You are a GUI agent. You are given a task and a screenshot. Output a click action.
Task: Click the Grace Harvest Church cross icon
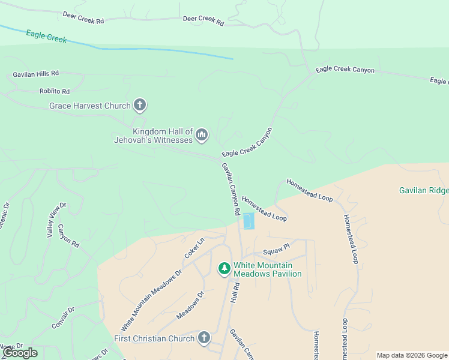coord(140,106)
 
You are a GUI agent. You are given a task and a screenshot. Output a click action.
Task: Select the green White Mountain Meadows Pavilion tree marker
coord(224,269)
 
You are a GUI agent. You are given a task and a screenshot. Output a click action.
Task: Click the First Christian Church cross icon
coord(203,338)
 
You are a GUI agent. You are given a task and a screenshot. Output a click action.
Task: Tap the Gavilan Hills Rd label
coord(36,74)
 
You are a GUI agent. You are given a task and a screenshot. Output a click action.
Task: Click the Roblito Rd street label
coord(55,92)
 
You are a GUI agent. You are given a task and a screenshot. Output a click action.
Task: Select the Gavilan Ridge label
coord(424,191)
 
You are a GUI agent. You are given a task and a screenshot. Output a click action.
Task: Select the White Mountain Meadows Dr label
coord(151,301)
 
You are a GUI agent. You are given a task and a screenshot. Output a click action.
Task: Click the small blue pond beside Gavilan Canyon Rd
coord(249,221)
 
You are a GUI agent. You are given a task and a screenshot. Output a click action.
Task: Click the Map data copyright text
coord(412,355)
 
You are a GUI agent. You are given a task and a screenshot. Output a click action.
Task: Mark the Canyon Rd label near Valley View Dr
coord(69,236)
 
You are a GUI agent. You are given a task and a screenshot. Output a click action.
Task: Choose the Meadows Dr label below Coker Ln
coord(191,305)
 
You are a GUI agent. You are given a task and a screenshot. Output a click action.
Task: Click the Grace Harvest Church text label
coord(90,106)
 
